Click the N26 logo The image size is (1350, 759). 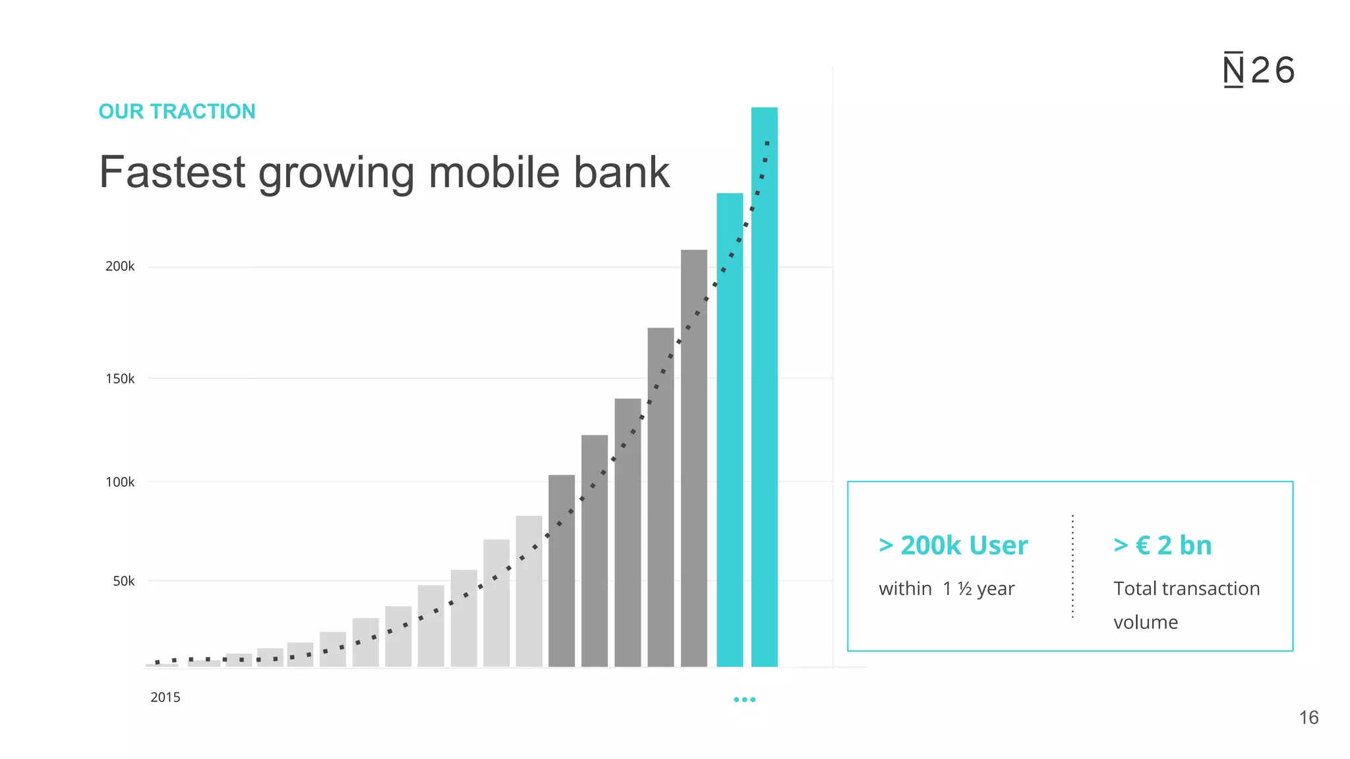tap(1258, 70)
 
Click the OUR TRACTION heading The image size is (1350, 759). tap(177, 111)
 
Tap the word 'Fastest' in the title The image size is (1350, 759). tap(172, 173)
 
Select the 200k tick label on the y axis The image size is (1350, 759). tap(120, 266)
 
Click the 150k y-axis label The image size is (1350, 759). tap(120, 379)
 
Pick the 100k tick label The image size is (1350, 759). tap(120, 482)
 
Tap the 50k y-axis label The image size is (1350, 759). tap(123, 581)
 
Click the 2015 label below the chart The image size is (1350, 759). tap(165, 697)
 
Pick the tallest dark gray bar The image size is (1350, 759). tap(694, 461)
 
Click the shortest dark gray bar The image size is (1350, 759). tap(562, 573)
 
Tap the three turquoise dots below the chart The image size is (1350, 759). tap(745, 700)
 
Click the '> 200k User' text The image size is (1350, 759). tap(953, 546)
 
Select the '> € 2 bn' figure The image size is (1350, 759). tap(1163, 546)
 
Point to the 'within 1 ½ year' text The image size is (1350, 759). tap(947, 588)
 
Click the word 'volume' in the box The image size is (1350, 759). tap(1146, 622)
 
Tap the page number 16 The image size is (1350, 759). tap(1308, 717)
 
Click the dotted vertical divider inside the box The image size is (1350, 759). tap(1073, 567)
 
